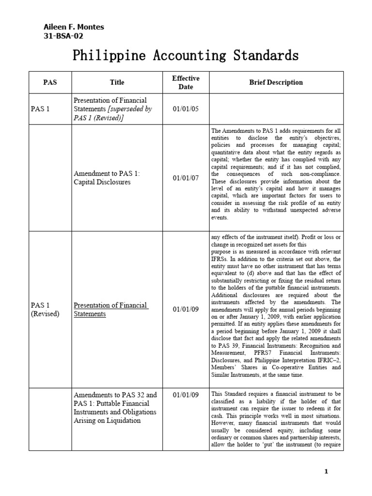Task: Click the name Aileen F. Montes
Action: click(x=74, y=27)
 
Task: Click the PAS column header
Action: click(x=50, y=82)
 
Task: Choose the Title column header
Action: click(x=117, y=82)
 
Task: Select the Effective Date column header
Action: click(x=186, y=82)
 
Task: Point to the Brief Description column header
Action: click(x=276, y=82)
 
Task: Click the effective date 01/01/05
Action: click(x=186, y=109)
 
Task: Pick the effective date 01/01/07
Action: click(x=186, y=178)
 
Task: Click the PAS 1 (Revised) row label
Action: click(x=45, y=310)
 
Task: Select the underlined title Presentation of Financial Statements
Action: click(x=110, y=310)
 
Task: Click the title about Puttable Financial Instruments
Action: click(x=114, y=408)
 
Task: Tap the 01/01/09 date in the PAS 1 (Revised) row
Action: click(x=186, y=310)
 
